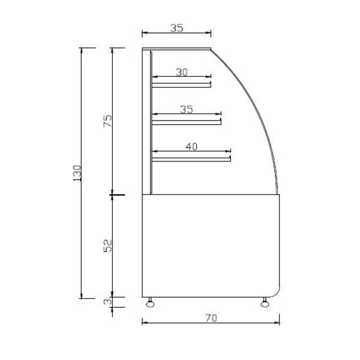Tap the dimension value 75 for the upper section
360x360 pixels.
coord(108,122)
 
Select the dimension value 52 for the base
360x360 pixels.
coord(108,245)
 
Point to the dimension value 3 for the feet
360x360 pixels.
coord(108,302)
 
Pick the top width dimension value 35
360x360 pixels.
coord(177,28)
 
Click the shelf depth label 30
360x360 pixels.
coord(182,72)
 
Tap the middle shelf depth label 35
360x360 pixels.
coord(187,109)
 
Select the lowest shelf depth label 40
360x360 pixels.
coord(192,146)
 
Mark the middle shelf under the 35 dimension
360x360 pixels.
coord(187,122)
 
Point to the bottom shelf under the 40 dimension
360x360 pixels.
coord(191,159)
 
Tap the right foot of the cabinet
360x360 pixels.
coord(265,302)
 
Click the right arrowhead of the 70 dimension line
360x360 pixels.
coord(277,323)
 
